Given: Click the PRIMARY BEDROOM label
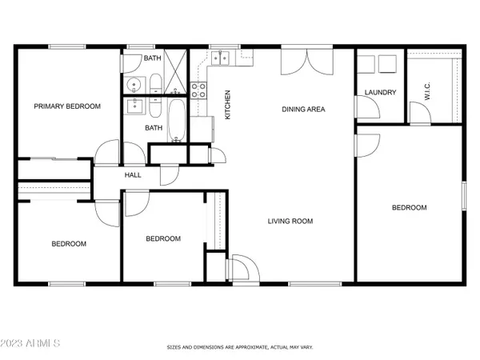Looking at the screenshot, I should click(66, 106).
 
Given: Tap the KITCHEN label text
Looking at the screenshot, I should click(227, 105).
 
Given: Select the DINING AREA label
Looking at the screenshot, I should click(302, 109).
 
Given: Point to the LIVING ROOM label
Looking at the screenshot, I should click(290, 222).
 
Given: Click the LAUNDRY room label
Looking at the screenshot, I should click(380, 93).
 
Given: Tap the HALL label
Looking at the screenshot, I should click(133, 175).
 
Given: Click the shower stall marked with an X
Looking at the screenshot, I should click(178, 66).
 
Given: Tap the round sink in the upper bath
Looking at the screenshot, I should click(133, 83).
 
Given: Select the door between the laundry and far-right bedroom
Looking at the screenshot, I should click(366, 144).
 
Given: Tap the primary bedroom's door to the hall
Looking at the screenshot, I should click(104, 154).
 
